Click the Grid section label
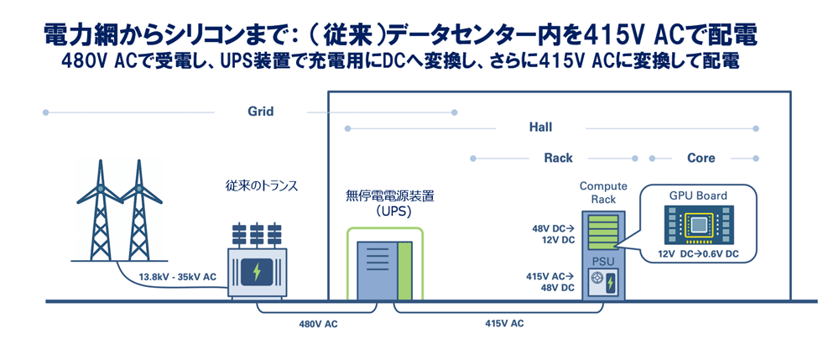pos(260,112)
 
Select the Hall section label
pos(539,128)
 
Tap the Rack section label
pos(559,158)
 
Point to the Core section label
pos(701,158)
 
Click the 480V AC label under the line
pos(320,323)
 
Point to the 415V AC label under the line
pos(504,323)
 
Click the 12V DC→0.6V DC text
pos(698,254)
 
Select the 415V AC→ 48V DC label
pos(553,281)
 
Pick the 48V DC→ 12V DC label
pos(553,233)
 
